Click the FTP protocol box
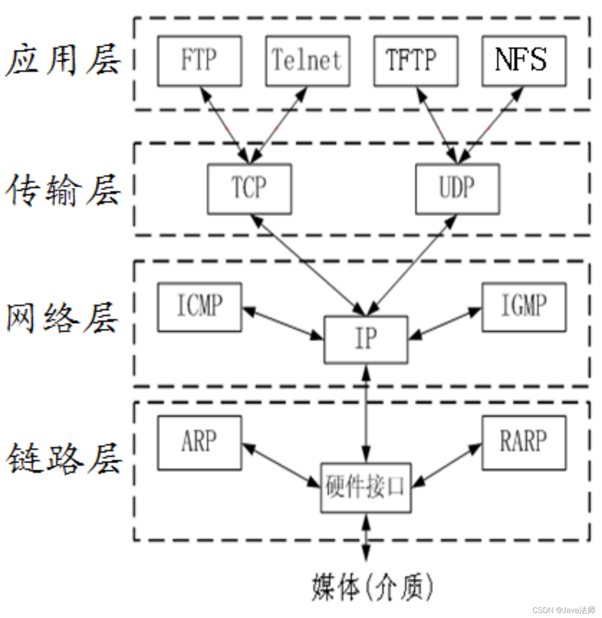coord(199,61)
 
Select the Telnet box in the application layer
coord(308,61)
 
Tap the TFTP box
coord(416,61)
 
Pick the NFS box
coord(523,61)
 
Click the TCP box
coord(249,189)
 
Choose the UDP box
coord(457,189)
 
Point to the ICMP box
coord(199,307)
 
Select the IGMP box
coord(523,307)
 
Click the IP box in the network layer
coord(366,339)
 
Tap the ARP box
coord(199,443)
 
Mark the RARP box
coord(523,443)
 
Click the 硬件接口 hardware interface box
coord(366,487)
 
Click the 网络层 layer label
coord(63,318)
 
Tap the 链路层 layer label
coord(64,459)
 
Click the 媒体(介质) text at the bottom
coord(372,587)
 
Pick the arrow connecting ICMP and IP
coord(283,323)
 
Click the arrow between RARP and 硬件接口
coord(446,465)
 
